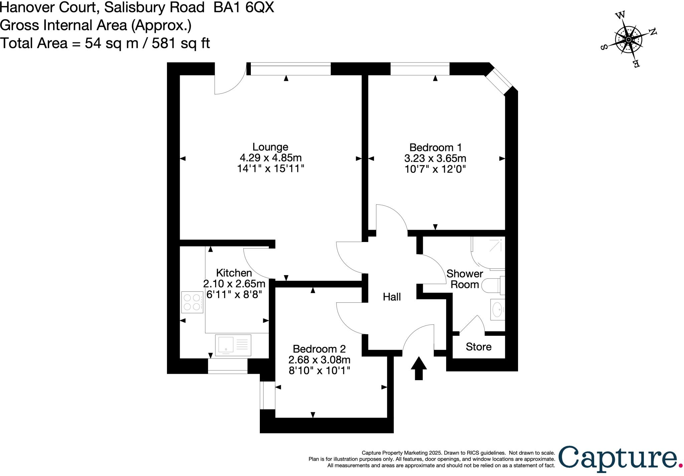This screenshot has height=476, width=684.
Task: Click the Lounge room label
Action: [x=270, y=147]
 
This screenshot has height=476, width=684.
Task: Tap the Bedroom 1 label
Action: [x=435, y=148]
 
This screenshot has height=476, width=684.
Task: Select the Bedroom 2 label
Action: [x=319, y=349]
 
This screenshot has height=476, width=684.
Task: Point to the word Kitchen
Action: [x=234, y=273]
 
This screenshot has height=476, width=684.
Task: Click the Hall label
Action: [x=391, y=297]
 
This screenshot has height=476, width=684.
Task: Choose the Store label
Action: [x=478, y=347]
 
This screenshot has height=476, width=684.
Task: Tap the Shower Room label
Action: [x=465, y=279]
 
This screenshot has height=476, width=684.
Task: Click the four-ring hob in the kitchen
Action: [x=192, y=302]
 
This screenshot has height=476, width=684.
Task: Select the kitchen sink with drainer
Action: [x=233, y=345]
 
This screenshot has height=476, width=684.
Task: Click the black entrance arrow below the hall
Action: [x=418, y=368]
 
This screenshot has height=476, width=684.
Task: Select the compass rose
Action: [x=629, y=40]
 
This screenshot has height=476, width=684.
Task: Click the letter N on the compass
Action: [x=653, y=32]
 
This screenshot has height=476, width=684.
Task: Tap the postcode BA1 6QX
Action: [x=244, y=7]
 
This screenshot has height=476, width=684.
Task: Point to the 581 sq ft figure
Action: [x=181, y=43]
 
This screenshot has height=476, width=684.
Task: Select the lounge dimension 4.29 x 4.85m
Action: [x=271, y=158]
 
